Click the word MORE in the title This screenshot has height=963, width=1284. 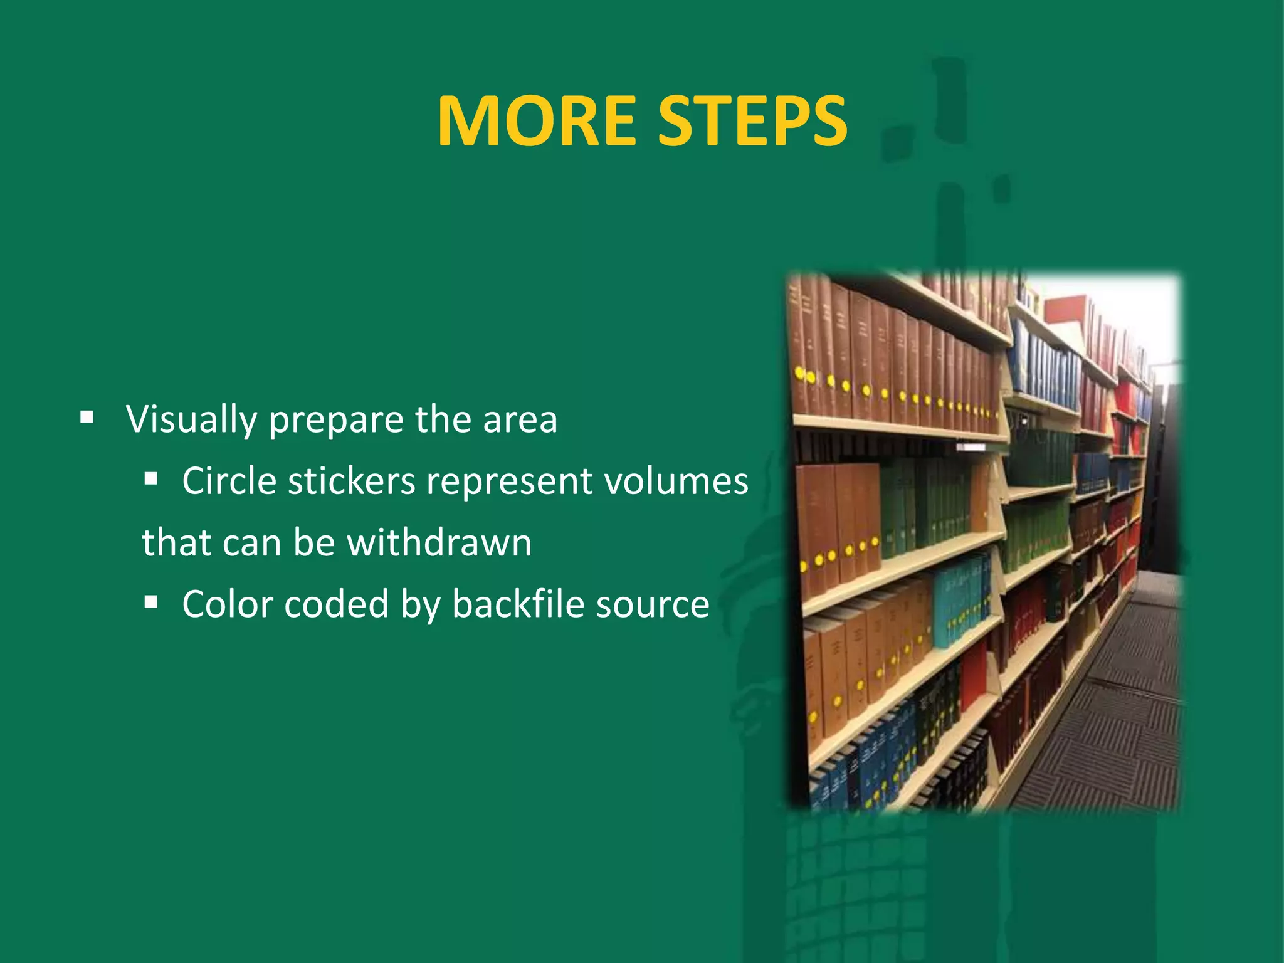point(537,122)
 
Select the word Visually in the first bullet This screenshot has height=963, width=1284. point(191,419)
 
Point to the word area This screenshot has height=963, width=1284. point(520,421)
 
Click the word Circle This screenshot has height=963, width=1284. point(229,481)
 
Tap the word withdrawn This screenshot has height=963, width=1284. point(439,542)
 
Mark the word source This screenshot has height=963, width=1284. point(652,606)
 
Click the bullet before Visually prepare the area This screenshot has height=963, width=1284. point(87,417)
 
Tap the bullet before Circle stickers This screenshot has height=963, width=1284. point(150,480)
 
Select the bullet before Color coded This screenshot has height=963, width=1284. point(150,603)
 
